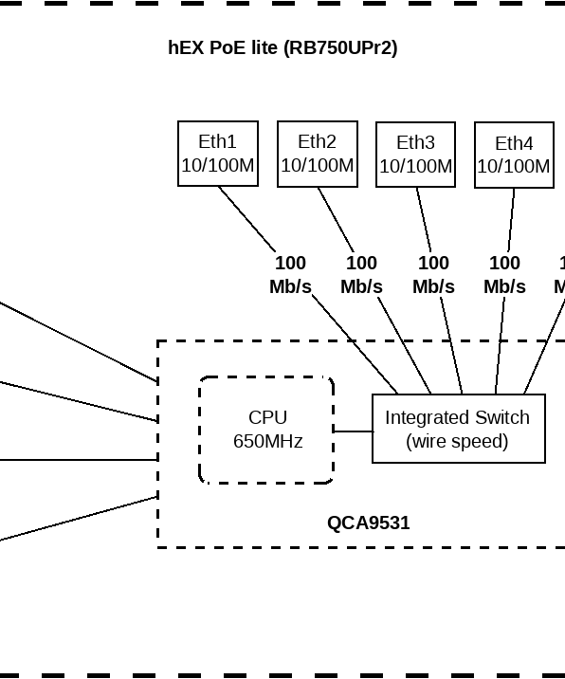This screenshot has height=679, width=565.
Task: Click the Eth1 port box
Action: pos(218,154)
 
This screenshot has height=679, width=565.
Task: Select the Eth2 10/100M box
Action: pos(318,154)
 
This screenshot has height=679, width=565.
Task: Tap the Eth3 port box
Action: pos(415,154)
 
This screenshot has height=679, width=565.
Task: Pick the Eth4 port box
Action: pos(514,155)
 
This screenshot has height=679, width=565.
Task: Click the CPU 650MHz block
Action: pos(266,430)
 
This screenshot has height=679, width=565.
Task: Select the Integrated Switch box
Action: pos(458,429)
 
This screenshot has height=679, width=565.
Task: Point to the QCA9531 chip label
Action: pos(368,523)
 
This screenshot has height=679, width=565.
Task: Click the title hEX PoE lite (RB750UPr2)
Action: pos(282,47)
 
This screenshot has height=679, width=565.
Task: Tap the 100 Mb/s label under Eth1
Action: pos(290,275)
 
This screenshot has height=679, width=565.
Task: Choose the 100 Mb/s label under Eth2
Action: pos(361,275)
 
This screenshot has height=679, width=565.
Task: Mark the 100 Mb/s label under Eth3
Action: pos(433,275)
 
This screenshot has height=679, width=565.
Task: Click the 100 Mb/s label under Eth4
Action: pos(504,275)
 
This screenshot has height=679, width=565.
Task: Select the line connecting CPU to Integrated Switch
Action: pos(353,431)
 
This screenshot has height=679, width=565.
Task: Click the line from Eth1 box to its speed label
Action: pos(247,219)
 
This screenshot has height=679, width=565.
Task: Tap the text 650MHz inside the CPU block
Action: pos(267,441)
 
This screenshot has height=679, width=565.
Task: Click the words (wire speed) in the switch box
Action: pos(457,441)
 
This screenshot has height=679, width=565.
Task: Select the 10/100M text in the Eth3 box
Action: pos(415,166)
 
